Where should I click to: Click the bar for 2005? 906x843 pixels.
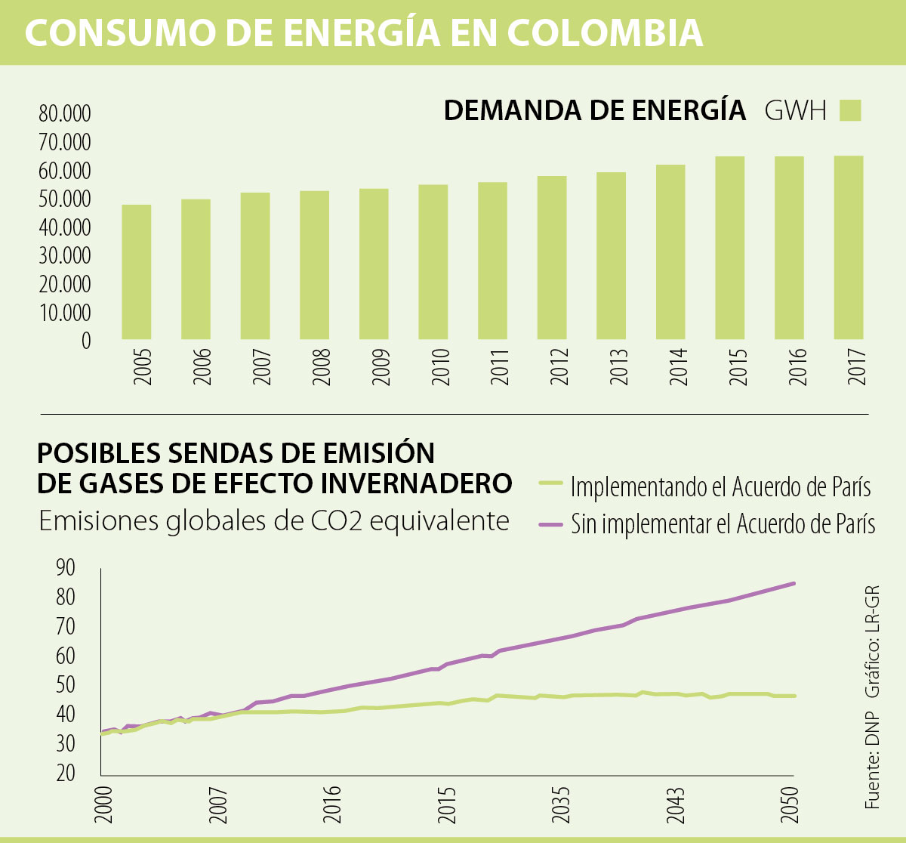click(x=137, y=272)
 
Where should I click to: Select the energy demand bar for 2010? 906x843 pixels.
click(x=433, y=262)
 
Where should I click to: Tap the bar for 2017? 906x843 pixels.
click(x=849, y=247)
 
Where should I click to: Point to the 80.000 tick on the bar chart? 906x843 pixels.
click(x=65, y=114)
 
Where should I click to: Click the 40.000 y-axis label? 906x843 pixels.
click(x=65, y=227)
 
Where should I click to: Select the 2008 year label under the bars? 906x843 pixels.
click(x=322, y=367)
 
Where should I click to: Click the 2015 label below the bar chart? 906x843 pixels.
click(x=737, y=367)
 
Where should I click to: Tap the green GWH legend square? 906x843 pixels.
click(x=850, y=110)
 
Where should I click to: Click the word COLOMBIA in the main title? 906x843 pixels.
click(x=605, y=32)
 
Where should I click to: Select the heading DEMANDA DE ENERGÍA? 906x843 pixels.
click(x=594, y=110)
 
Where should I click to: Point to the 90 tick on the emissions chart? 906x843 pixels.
click(x=66, y=567)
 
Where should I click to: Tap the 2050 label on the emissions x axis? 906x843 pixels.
click(x=790, y=807)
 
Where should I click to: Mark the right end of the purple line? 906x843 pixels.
click(x=794, y=583)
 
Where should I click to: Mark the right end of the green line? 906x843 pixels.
click(x=794, y=696)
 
